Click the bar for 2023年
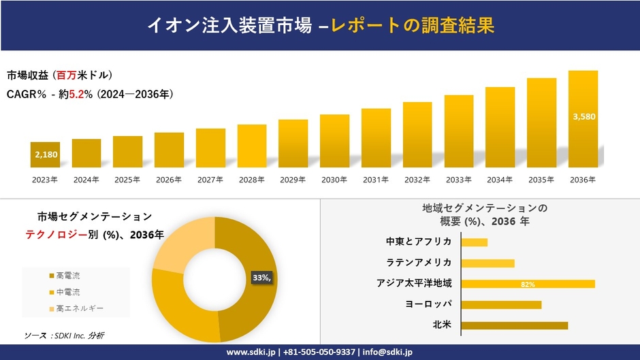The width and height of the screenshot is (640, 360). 45,155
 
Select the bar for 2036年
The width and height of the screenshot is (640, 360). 583,119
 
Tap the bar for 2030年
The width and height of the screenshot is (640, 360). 334,141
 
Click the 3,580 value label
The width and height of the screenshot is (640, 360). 584,116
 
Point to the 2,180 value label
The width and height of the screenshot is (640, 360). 45,154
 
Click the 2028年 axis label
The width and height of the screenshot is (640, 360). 251,180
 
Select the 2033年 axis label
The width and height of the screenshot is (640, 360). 458,180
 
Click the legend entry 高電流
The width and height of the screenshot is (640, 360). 68,276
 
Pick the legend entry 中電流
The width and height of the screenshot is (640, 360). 68,292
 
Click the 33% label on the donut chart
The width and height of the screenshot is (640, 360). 261,278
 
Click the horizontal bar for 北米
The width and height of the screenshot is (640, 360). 514,325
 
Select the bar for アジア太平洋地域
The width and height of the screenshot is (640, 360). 528,284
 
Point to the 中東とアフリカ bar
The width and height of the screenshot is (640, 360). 474,242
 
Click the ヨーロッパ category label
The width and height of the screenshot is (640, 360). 428,304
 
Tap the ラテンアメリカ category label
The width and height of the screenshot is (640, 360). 419,263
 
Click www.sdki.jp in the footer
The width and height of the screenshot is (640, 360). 251,352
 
